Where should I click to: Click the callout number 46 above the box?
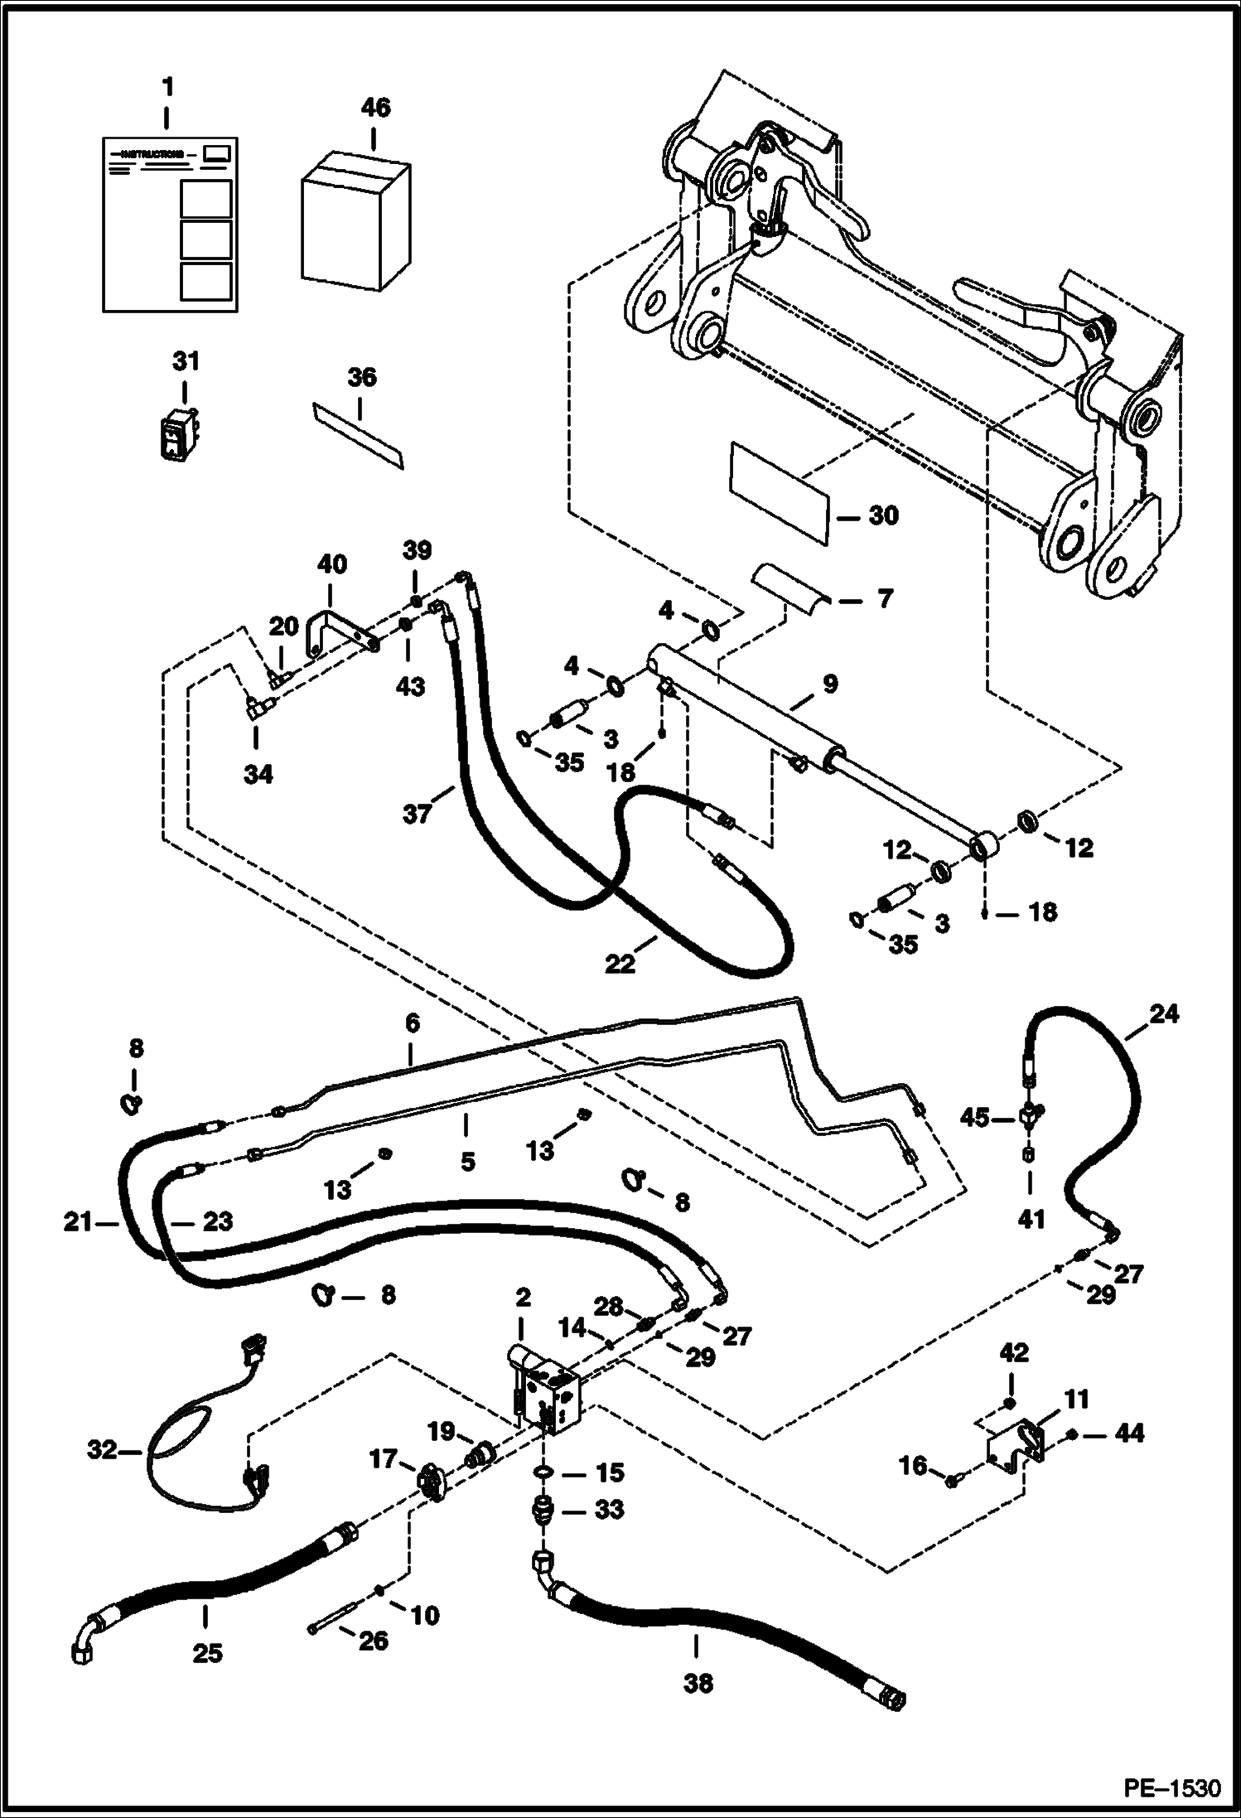click(375, 109)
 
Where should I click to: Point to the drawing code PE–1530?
click(1171, 1787)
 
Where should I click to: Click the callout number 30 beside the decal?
click(883, 515)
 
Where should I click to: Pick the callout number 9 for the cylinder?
click(829, 684)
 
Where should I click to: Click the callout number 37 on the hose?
click(418, 814)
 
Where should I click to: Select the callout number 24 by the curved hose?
click(1163, 1013)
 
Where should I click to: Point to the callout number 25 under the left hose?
click(207, 1652)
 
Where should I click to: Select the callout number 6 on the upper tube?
click(413, 1024)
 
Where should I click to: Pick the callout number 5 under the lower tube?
click(467, 1162)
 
